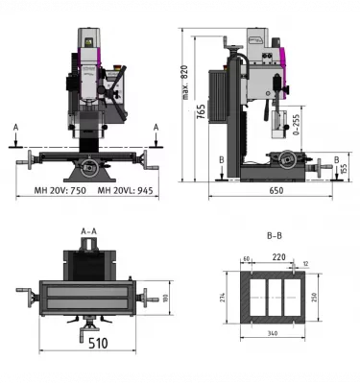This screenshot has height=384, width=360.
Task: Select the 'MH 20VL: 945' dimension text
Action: point(123,190)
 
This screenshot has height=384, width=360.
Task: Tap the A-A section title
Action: point(89,231)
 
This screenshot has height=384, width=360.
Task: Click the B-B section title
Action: point(275,234)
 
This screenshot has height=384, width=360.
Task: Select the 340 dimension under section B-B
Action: point(274,333)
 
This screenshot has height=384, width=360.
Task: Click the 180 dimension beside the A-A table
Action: point(166,297)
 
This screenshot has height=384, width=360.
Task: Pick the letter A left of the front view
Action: point(16,127)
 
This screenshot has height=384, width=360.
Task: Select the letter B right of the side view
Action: point(336,158)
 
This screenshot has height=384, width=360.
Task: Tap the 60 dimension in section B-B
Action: point(248,259)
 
